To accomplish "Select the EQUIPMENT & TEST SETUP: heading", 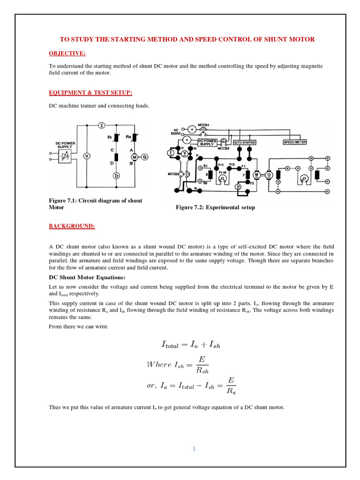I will pos(90,93).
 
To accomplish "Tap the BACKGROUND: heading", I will pos(72,226).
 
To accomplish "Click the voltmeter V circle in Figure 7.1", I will pos(86,156).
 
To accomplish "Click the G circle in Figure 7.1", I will pos(145,157).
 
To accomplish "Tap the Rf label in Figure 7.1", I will pos(110,137).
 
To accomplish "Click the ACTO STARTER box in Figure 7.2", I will pos(245,142).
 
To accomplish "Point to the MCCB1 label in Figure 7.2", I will pos(203,125).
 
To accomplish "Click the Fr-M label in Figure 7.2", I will pos(222,172).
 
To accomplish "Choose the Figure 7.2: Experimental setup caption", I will pos(215,207).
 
